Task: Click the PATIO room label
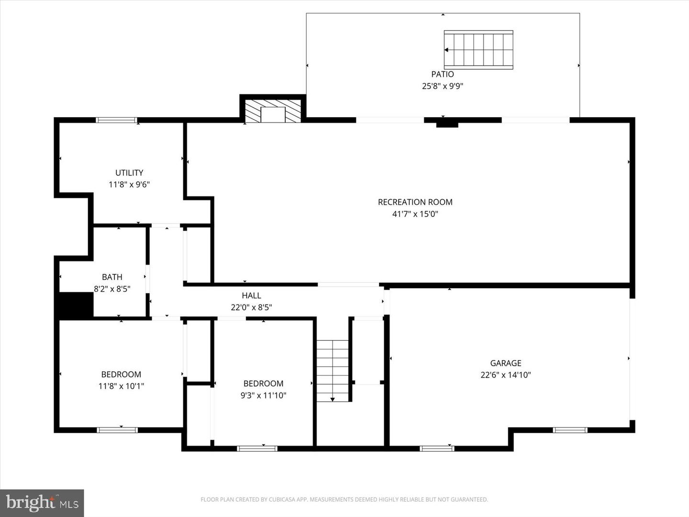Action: point(443,74)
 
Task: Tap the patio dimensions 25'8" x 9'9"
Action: point(443,86)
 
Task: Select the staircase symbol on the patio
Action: point(478,50)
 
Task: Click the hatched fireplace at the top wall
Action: point(273,111)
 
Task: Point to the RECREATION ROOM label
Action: point(415,202)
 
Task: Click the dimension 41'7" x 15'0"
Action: point(415,214)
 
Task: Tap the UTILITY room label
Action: point(129,173)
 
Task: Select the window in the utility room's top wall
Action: point(117,120)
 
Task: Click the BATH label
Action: point(112,277)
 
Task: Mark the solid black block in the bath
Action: point(76,305)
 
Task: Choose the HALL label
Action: point(251,296)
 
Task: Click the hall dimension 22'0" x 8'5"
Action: point(251,307)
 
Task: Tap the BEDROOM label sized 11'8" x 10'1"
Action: point(121,374)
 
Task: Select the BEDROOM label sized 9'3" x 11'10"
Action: point(263,383)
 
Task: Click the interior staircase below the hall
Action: point(333,371)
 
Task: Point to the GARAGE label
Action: point(506,363)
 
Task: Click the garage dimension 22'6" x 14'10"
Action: point(506,375)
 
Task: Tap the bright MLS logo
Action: point(42,503)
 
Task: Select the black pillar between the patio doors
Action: point(447,123)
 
